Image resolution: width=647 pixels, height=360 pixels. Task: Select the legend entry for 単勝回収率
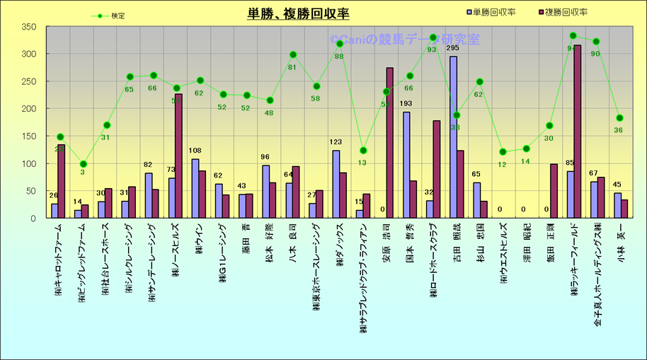pyautogui.click(x=493, y=13)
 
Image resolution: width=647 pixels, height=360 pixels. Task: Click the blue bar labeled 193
pyautogui.click(x=406, y=165)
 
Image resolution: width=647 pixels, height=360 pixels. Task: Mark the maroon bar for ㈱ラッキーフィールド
pyautogui.click(x=578, y=132)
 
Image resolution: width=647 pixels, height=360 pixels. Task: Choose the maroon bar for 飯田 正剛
pyautogui.click(x=554, y=191)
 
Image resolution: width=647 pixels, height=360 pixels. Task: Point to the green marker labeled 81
pyautogui.click(x=293, y=54)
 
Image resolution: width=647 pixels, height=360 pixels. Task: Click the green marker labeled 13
pyautogui.click(x=363, y=150)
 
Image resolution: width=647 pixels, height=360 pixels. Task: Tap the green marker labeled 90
pyautogui.click(x=596, y=42)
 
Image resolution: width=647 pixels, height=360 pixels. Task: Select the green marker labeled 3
pyautogui.click(x=84, y=164)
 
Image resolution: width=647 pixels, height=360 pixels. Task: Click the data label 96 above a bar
pyautogui.click(x=265, y=157)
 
